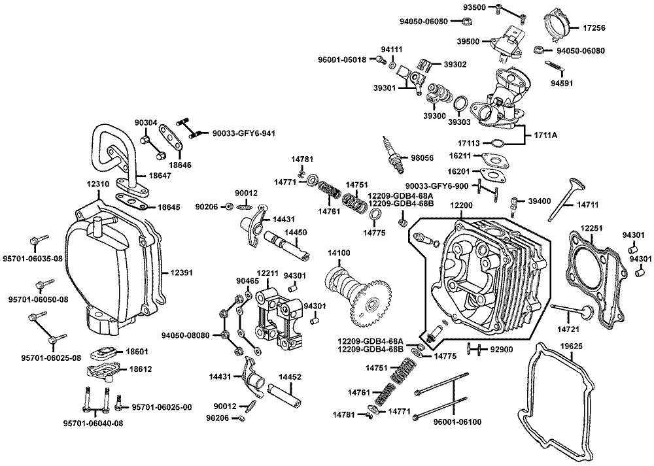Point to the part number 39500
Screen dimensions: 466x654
[487, 41]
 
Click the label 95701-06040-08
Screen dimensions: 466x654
[93, 423]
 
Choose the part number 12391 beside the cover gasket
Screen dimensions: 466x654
[183, 273]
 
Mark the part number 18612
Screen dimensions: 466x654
[141, 369]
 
